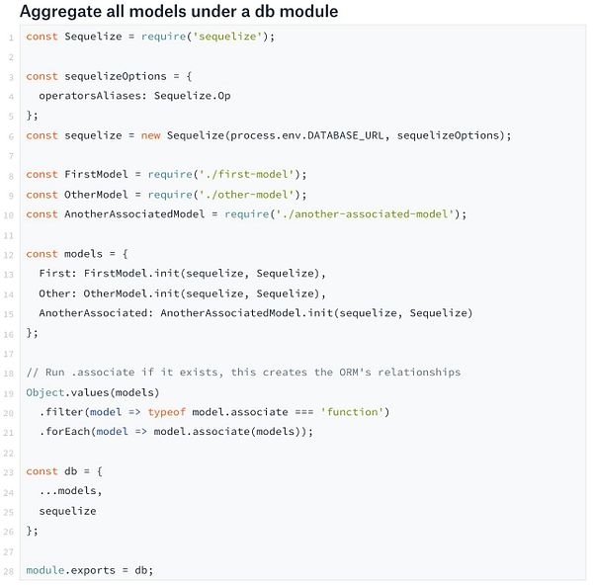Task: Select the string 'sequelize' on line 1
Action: tap(227, 37)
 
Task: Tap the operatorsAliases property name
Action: tap(90, 96)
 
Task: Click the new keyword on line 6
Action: tap(150, 135)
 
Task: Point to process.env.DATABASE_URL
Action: tap(306, 135)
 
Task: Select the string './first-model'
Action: tap(247, 174)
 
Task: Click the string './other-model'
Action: tap(247, 195)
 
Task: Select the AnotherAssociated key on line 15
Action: tap(93, 313)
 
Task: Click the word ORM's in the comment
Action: tap(355, 373)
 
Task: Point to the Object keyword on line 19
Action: tap(45, 392)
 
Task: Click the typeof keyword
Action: tap(166, 412)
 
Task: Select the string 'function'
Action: tap(352, 412)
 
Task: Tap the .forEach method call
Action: tap(64, 432)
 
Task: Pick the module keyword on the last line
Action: tap(45, 570)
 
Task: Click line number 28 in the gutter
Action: tap(9, 571)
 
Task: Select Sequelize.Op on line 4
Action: tap(192, 96)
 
